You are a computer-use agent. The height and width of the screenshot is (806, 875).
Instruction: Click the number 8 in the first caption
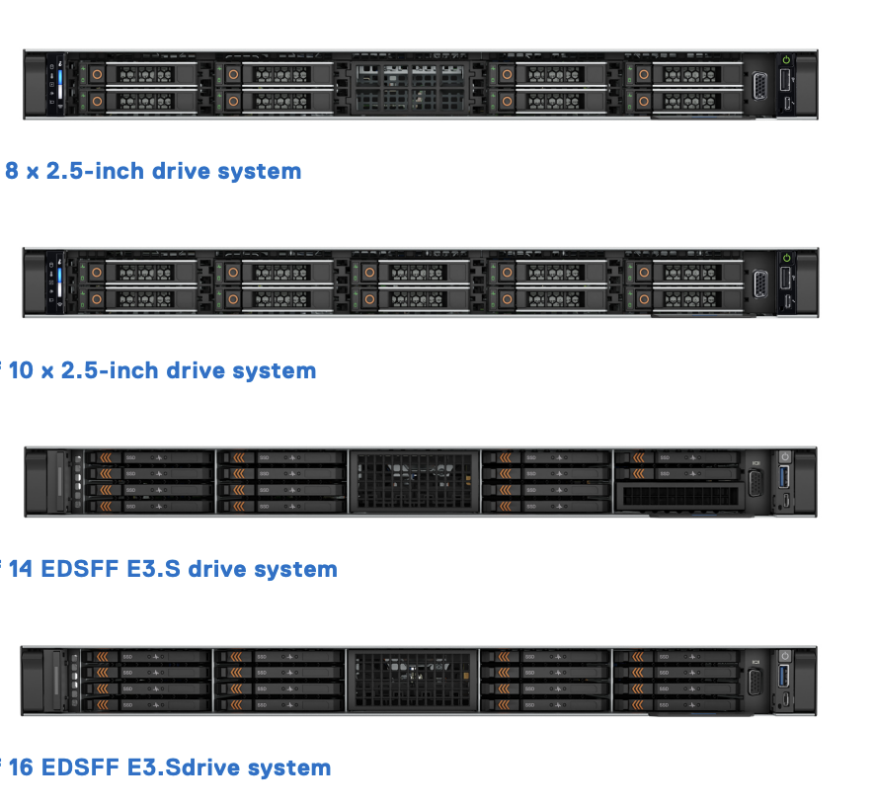point(13,171)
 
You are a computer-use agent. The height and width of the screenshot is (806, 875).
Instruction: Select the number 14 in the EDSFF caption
point(21,569)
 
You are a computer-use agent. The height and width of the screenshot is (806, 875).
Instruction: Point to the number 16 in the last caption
point(21,767)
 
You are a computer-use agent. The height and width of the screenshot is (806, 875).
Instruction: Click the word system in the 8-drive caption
point(259,171)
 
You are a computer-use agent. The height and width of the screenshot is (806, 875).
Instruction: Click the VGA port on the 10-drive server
point(760,284)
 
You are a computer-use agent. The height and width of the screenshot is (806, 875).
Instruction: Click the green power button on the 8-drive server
point(785,60)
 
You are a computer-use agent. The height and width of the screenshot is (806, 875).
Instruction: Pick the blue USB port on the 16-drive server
point(785,678)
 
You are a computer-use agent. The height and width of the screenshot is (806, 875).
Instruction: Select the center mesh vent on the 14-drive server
point(414,481)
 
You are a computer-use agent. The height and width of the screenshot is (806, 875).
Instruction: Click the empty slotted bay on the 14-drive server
point(676,497)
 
